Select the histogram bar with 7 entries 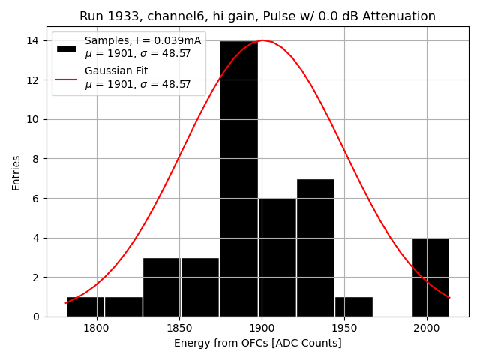[315, 247]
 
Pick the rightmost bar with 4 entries [430, 277]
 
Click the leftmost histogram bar [85, 307]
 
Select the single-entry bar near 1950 [353, 307]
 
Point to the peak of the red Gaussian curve [262, 40]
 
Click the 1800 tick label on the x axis [97, 327]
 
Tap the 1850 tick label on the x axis [179, 327]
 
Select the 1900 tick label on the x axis [262, 327]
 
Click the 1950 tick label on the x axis [344, 327]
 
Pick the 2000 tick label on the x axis [427, 327]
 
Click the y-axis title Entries [16, 172]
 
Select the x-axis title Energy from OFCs [257, 343]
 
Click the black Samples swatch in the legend [66, 48]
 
